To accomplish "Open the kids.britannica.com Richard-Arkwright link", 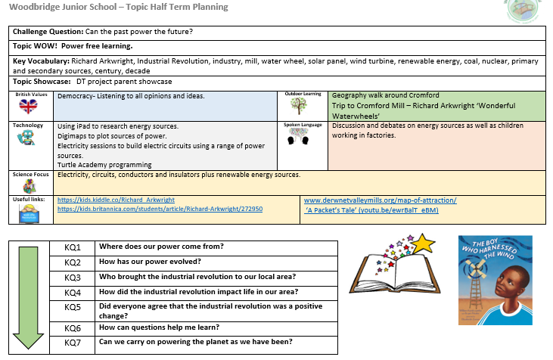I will click(160, 209).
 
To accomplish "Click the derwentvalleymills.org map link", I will click(380, 200).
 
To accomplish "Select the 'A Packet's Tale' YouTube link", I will click(371, 210).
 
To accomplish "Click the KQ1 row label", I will click(73, 247).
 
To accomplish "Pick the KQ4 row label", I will click(73, 292).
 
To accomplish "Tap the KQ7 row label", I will click(73, 342).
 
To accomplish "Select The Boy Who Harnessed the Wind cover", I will click(495, 280).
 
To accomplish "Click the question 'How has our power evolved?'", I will click(150, 262).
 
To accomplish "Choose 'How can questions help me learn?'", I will click(159, 327).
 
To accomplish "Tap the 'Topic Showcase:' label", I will click(42, 81).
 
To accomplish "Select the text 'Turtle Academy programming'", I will click(104, 164).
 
